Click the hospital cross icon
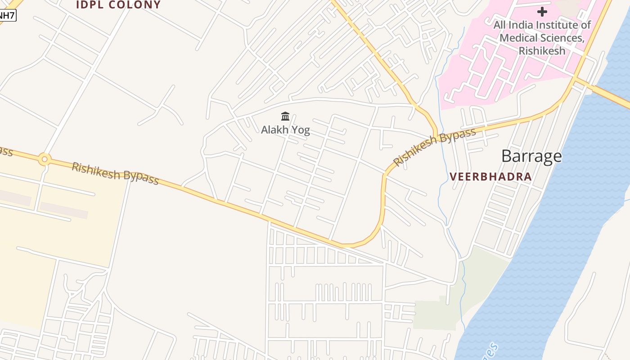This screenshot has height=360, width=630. [542, 12]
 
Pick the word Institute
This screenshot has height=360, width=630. [558, 25]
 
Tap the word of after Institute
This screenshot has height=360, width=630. [585, 25]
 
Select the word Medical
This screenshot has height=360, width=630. [519, 38]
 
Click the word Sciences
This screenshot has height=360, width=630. [563, 38]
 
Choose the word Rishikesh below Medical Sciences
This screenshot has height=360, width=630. [542, 50]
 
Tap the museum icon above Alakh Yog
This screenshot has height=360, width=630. [285, 117]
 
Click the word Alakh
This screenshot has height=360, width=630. [274, 130]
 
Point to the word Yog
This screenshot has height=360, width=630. [300, 130]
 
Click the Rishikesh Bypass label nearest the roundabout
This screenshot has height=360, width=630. [115, 173]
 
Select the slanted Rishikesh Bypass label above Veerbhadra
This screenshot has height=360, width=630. [434, 146]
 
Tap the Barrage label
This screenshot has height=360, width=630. [531, 156]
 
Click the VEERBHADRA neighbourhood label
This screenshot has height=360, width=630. [491, 176]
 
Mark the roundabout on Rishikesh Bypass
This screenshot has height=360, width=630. [44, 159]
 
